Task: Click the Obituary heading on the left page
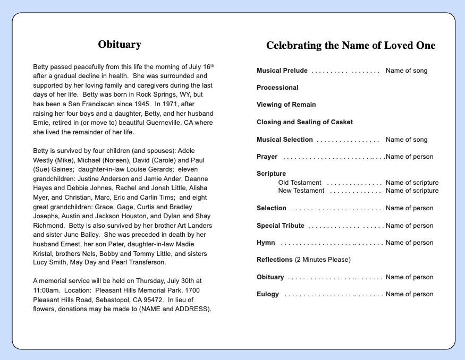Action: pyautogui.click(x=120, y=45)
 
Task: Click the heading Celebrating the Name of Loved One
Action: pyautogui.click(x=350, y=46)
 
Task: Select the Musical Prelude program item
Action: pyautogui.click(x=282, y=71)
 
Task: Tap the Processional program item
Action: pyautogui.click(x=277, y=88)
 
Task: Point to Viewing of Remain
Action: pyautogui.click(x=286, y=105)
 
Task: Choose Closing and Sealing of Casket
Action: pyautogui.click(x=305, y=122)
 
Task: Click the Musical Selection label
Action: pyautogui.click(x=284, y=140)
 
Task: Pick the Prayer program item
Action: pyautogui.click(x=267, y=157)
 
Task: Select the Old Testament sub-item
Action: pyautogui.click(x=300, y=183)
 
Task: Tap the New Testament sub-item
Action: pyautogui.click(x=301, y=191)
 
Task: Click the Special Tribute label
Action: pyautogui.click(x=280, y=226)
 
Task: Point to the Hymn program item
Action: pyautogui.click(x=266, y=243)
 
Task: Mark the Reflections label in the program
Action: pyautogui.click(x=275, y=260)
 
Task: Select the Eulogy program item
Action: pyautogui.click(x=268, y=294)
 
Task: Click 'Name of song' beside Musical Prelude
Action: pyautogui.click(x=406, y=71)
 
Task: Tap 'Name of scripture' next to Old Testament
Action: pyautogui.click(x=412, y=183)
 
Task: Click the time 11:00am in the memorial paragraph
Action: pyautogui.click(x=46, y=290)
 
